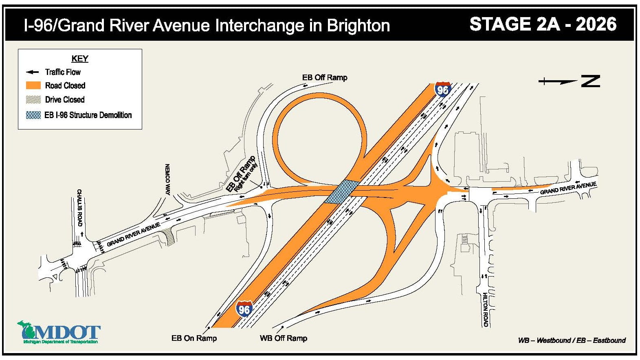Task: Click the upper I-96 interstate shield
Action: pyautogui.click(x=442, y=89)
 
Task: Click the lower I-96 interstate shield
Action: pyautogui.click(x=244, y=309)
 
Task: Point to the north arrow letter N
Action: pyautogui.click(x=590, y=81)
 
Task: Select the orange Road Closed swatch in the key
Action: pyautogui.click(x=33, y=86)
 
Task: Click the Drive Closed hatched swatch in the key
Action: pyautogui.click(x=33, y=99)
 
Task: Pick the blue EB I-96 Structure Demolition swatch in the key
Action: pyautogui.click(x=33, y=115)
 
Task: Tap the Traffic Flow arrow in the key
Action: pyautogui.click(x=32, y=72)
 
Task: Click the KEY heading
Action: pyautogui.click(x=80, y=59)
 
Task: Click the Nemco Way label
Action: pyautogui.click(x=167, y=179)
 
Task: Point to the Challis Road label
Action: pyautogui.click(x=79, y=208)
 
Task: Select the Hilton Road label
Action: pyautogui.click(x=485, y=310)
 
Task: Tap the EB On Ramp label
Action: pyautogui.click(x=194, y=338)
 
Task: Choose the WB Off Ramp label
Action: pyautogui.click(x=284, y=338)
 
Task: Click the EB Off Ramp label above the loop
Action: pyautogui.click(x=325, y=77)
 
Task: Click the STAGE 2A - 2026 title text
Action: pyautogui.click(x=543, y=24)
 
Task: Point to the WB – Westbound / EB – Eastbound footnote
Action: pyautogui.click(x=572, y=340)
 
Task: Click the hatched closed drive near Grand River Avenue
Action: pyautogui.click(x=167, y=236)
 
